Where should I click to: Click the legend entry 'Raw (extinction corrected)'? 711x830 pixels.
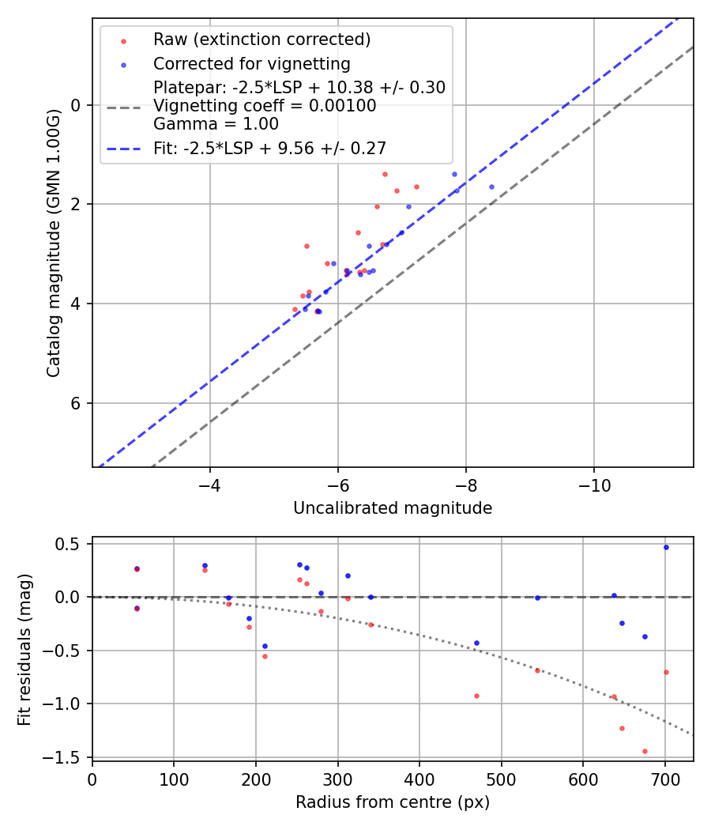click(x=261, y=40)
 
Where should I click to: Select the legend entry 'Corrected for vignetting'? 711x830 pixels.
click(x=251, y=63)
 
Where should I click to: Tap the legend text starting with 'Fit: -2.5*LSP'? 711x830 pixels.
click(x=269, y=148)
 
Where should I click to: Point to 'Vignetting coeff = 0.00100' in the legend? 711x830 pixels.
click(x=265, y=106)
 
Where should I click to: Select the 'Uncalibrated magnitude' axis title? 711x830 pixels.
click(x=393, y=508)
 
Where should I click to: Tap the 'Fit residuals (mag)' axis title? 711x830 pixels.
click(x=24, y=649)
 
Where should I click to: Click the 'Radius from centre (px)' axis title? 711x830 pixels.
click(x=393, y=802)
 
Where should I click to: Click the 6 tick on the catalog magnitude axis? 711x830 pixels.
click(x=77, y=403)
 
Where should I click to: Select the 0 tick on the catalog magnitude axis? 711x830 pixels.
click(x=77, y=105)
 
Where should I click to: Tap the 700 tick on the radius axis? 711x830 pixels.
click(x=665, y=778)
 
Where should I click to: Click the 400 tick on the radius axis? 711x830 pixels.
click(x=419, y=778)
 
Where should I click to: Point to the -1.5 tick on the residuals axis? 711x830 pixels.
click(x=66, y=757)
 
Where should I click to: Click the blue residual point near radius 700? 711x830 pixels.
click(x=666, y=547)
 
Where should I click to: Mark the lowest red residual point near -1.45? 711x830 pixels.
click(x=645, y=751)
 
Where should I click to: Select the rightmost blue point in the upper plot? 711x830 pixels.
click(x=491, y=187)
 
